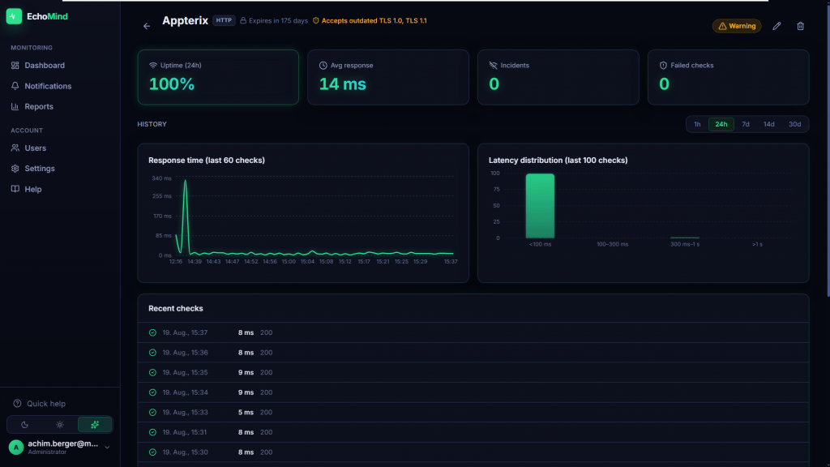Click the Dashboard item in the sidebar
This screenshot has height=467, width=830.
click(x=38, y=65)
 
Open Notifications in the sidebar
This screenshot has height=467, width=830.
click(x=41, y=86)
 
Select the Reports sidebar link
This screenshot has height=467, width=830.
click(x=32, y=106)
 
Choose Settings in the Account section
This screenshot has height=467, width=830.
click(x=33, y=169)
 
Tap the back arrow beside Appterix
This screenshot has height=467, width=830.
click(x=147, y=26)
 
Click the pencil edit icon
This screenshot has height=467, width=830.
click(x=777, y=26)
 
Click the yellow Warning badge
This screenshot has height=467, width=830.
click(x=737, y=26)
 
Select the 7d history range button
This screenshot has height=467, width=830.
click(x=746, y=124)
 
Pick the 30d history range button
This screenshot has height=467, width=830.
click(x=794, y=124)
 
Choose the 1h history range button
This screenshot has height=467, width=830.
click(x=697, y=124)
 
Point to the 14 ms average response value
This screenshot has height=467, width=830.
click(x=343, y=84)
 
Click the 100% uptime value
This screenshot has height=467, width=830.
click(x=172, y=84)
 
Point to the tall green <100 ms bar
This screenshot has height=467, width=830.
click(x=540, y=206)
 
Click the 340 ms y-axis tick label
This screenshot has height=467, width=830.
click(x=161, y=178)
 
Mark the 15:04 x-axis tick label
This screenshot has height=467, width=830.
click(x=307, y=262)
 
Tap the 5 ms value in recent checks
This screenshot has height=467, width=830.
click(x=246, y=413)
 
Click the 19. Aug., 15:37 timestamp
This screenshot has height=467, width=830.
click(x=185, y=332)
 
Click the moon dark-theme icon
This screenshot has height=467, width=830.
click(x=25, y=425)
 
